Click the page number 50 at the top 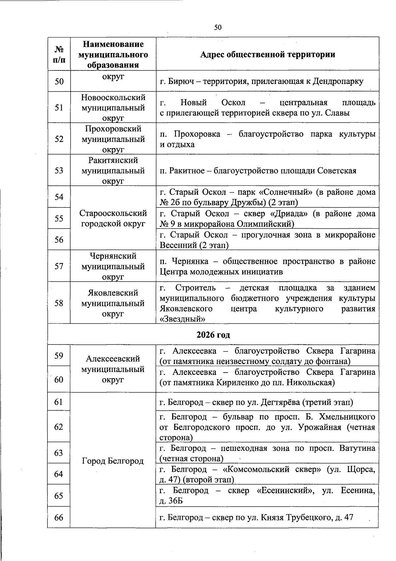pyautogui.click(x=218, y=27)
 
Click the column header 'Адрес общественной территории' pyautogui.click(x=267, y=54)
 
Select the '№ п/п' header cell pyautogui.click(x=59, y=54)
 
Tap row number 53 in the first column pyautogui.click(x=59, y=171)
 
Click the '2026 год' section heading pyautogui.click(x=213, y=335)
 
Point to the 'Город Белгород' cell pyautogui.click(x=113, y=461)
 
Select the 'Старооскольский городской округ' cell pyautogui.click(x=113, y=218)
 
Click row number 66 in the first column pyautogui.click(x=59, y=518)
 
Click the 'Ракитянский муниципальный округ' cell pyautogui.click(x=113, y=171)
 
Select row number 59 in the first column pyautogui.click(x=59, y=356)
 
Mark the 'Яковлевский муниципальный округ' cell pyautogui.click(x=113, y=303)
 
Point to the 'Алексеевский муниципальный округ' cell pyautogui.click(x=113, y=369)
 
